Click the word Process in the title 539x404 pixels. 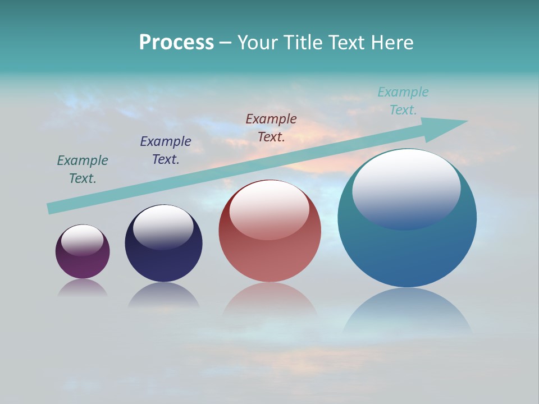click(x=176, y=43)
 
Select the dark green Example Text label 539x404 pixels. click(x=83, y=169)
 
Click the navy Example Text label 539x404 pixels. click(x=166, y=150)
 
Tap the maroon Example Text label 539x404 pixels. click(x=271, y=127)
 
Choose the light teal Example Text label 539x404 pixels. click(x=403, y=100)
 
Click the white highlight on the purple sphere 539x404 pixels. click(x=83, y=240)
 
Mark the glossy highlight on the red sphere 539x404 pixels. click(x=269, y=209)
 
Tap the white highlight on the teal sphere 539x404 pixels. click(x=406, y=188)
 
